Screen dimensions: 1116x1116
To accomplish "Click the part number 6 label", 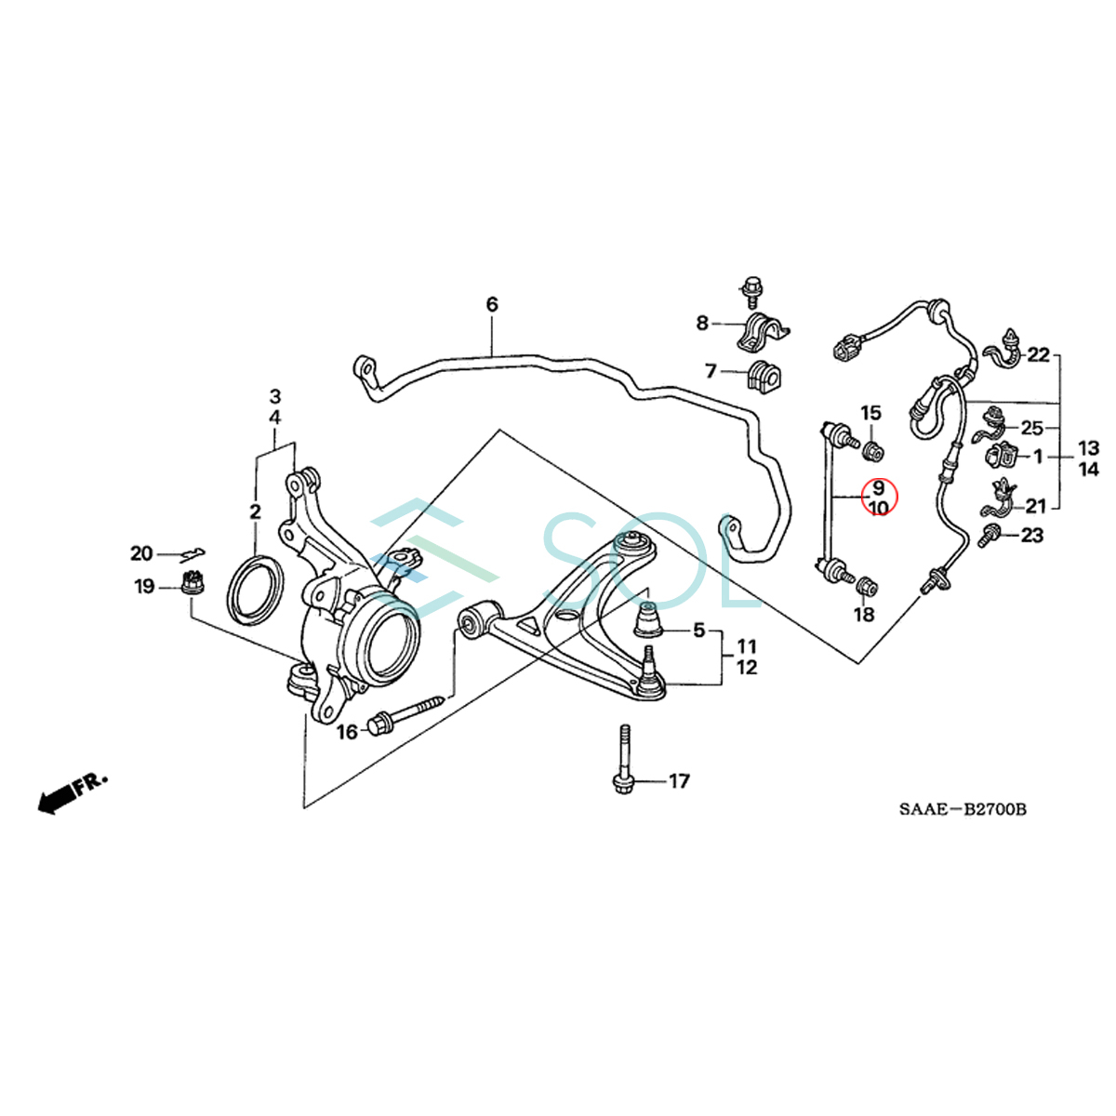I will [x=492, y=304].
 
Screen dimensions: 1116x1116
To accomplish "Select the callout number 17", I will [x=680, y=781].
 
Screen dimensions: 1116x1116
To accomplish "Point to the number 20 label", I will [x=141, y=554].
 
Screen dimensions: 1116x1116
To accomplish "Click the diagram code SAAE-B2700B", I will [x=963, y=810].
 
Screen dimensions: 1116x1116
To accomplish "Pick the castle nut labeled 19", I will [x=193, y=586].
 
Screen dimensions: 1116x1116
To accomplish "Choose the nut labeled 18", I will [x=867, y=586].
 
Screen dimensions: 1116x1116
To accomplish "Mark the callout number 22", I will [x=1038, y=354].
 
